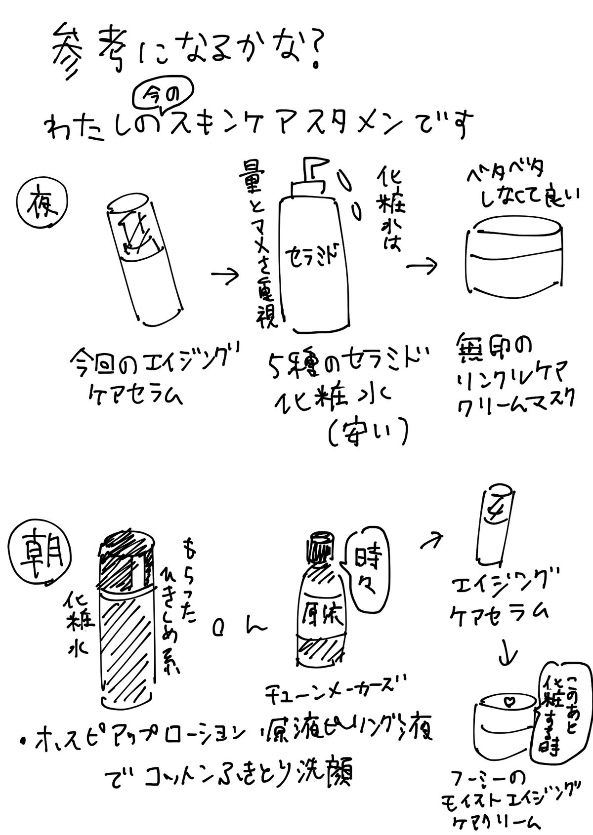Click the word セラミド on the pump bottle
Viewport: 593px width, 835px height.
coord(310,256)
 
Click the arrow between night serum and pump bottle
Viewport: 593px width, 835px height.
coord(225,276)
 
